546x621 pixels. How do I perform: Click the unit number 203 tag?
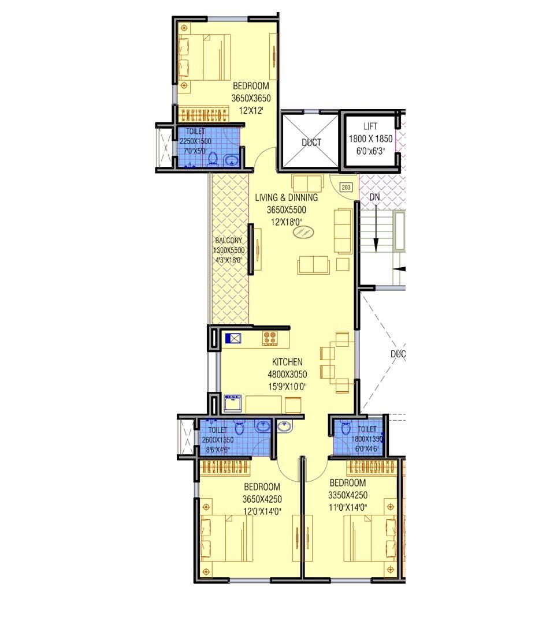click(x=346, y=187)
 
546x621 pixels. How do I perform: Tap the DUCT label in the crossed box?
click(x=311, y=143)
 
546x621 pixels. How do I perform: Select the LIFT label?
click(x=370, y=126)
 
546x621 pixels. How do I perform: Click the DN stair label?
click(x=375, y=197)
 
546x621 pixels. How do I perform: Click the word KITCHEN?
click(x=287, y=362)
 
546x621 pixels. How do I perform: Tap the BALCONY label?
click(x=228, y=241)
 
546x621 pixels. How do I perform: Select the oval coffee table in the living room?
click(x=304, y=232)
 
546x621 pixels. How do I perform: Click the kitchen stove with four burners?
click(x=270, y=338)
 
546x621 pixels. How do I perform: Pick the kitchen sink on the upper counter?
click(x=232, y=339)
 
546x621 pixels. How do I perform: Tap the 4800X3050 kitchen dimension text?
click(x=287, y=375)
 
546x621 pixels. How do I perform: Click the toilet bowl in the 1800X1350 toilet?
click(x=346, y=428)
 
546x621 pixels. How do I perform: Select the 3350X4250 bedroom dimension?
click(x=348, y=495)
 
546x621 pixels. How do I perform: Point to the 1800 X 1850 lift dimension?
click(x=370, y=139)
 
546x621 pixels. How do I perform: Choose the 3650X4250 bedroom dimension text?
click(x=262, y=499)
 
